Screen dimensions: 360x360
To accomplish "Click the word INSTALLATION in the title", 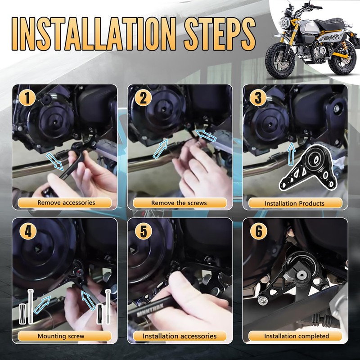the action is (x=94, y=34).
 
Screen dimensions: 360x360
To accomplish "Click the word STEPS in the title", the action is (x=220, y=34).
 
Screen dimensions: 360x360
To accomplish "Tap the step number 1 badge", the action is (x=27, y=98).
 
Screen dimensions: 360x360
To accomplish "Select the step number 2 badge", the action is (x=143, y=98).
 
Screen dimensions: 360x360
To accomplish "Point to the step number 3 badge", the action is (x=258, y=98).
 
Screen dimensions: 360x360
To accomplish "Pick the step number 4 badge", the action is (x=28, y=231).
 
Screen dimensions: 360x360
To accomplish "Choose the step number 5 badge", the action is (x=144, y=231).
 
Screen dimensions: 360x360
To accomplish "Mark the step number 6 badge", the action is (x=258, y=231).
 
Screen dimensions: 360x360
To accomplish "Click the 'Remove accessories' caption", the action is (x=66, y=203).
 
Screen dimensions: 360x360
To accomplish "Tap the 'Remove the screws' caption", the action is (x=179, y=203).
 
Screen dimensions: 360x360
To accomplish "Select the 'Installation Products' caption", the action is (x=294, y=203).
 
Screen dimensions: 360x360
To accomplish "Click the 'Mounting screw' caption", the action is (x=61, y=336).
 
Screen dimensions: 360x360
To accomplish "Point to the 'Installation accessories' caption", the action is (x=180, y=336).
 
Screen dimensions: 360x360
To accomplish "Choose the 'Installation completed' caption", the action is (x=297, y=336).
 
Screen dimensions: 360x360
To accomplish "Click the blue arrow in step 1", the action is (x=55, y=162).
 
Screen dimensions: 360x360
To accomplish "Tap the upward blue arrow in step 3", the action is (x=291, y=153).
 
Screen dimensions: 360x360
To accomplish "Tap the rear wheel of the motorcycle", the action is (x=342, y=58).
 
